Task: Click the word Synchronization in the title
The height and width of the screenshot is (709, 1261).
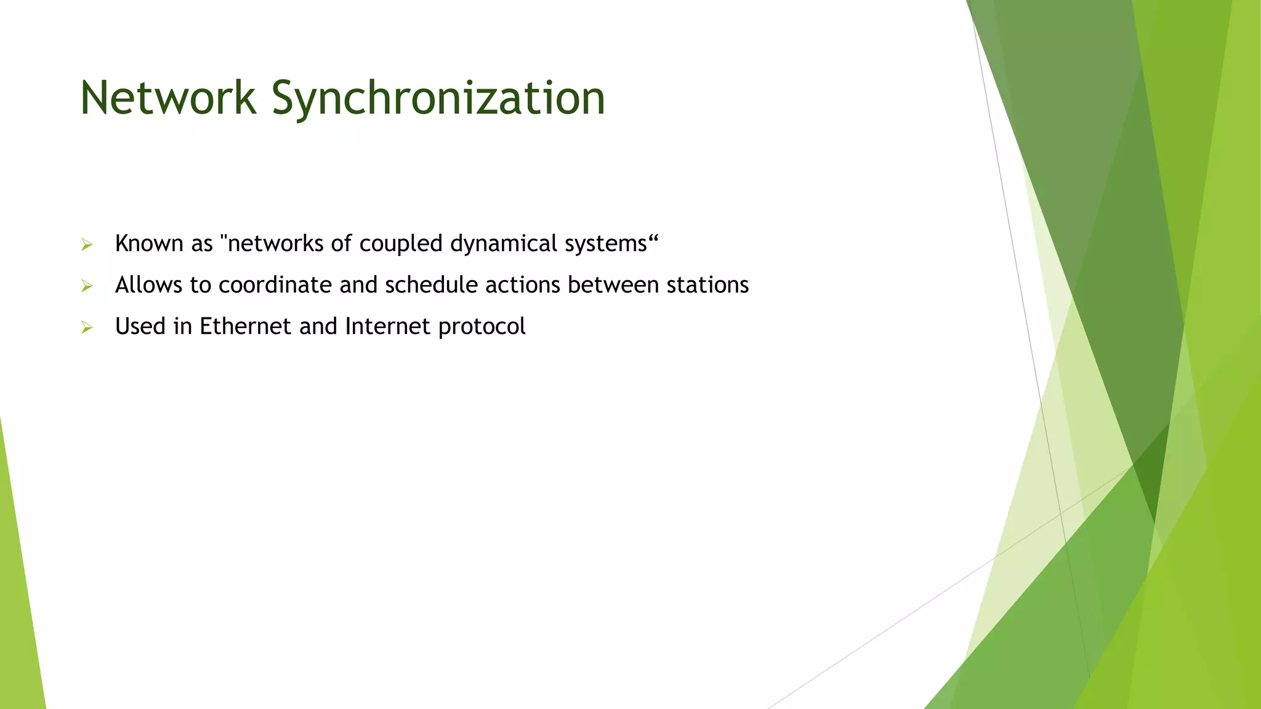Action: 438,98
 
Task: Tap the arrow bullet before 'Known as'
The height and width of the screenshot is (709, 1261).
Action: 87,245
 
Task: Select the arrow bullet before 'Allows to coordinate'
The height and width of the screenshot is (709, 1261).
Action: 87,286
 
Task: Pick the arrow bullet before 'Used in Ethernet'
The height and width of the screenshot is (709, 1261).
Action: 87,327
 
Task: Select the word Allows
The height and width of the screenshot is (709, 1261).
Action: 148,285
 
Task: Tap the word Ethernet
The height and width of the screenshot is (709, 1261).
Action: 245,326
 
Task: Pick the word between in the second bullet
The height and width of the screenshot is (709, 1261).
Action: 613,285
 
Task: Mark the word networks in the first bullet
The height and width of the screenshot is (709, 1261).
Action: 275,244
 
